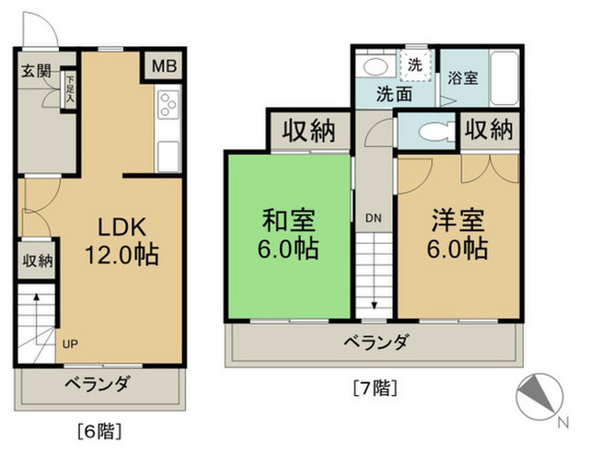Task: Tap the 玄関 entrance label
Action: (36, 71)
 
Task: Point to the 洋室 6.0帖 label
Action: (457, 234)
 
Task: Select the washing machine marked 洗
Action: (415, 65)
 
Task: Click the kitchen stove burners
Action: (169, 105)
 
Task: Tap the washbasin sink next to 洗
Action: (375, 66)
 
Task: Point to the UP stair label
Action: (70, 345)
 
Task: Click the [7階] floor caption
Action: (375, 387)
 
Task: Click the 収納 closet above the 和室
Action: (307, 132)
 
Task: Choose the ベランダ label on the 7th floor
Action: (375, 343)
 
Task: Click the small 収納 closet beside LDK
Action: (36, 260)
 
